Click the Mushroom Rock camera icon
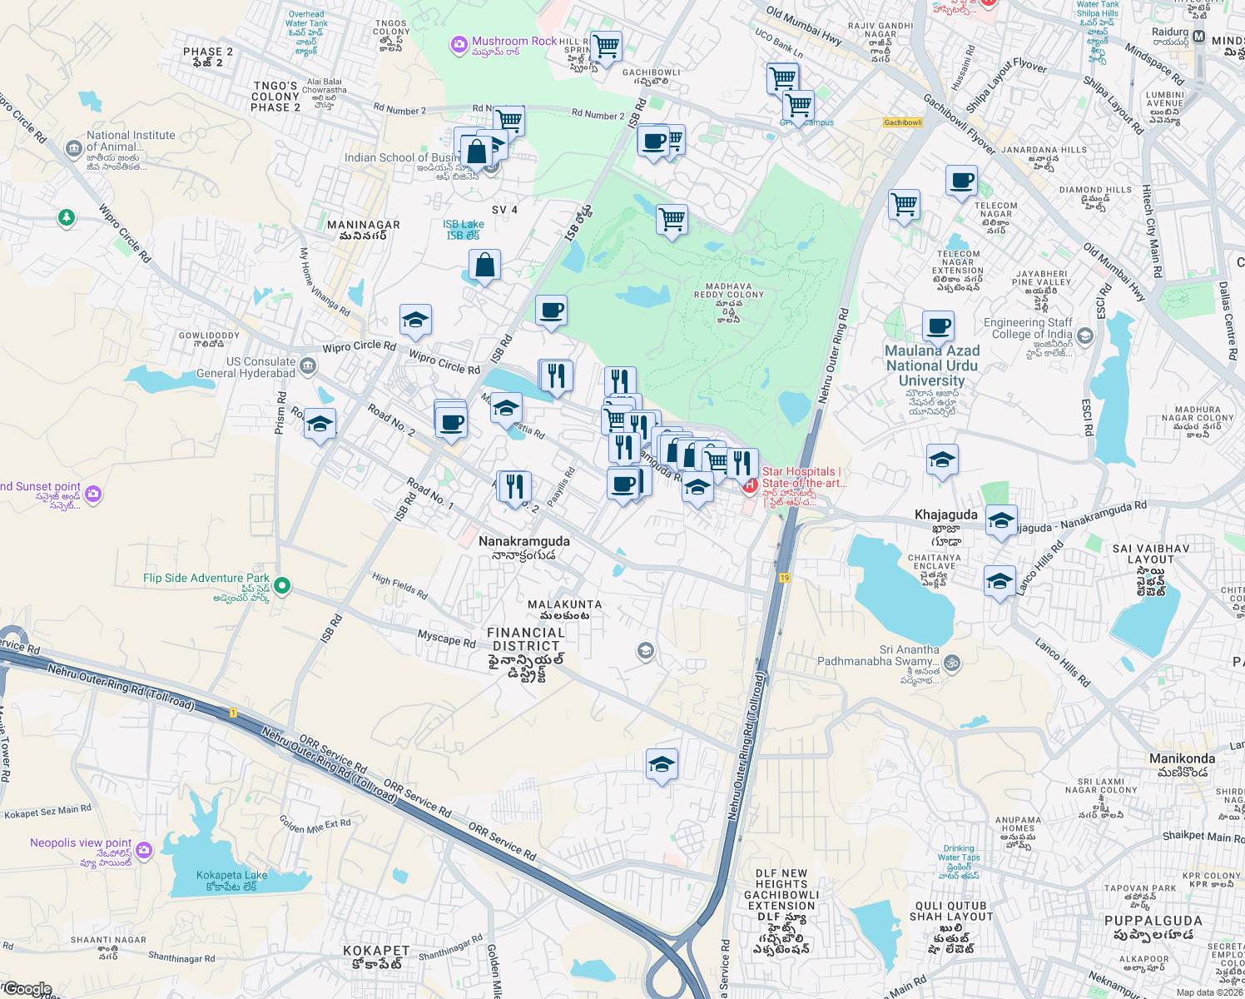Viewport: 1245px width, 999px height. pyautogui.click(x=459, y=45)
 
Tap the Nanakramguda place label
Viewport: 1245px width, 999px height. pyautogui.click(x=523, y=541)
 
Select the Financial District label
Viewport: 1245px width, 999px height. pyautogui.click(x=526, y=639)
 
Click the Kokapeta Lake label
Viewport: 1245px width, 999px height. pyautogui.click(x=231, y=875)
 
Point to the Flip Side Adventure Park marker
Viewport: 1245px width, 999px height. pyautogui.click(x=282, y=585)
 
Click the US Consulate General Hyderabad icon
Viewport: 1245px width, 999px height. pyautogui.click(x=308, y=365)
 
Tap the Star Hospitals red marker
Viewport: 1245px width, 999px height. pyautogui.click(x=749, y=484)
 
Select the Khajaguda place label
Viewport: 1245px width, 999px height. pyautogui.click(x=945, y=514)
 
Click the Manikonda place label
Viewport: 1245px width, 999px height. pyautogui.click(x=1182, y=758)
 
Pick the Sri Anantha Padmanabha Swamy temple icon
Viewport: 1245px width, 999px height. pyautogui.click(x=952, y=663)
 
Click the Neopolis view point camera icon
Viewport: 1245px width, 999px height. pyautogui.click(x=145, y=850)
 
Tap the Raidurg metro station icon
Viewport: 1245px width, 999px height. pyautogui.click(x=1198, y=37)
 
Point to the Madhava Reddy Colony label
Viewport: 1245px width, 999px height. pyautogui.click(x=728, y=291)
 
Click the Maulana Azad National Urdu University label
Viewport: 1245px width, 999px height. pyautogui.click(x=932, y=365)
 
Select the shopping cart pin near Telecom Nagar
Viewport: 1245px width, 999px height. pyautogui.click(x=904, y=204)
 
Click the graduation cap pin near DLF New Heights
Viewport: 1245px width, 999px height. pyautogui.click(x=662, y=763)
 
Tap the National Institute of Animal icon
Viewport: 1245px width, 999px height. pyautogui.click(x=73, y=148)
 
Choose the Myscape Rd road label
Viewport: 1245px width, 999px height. pyautogui.click(x=446, y=639)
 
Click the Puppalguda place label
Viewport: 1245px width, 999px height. pyautogui.click(x=1153, y=921)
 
